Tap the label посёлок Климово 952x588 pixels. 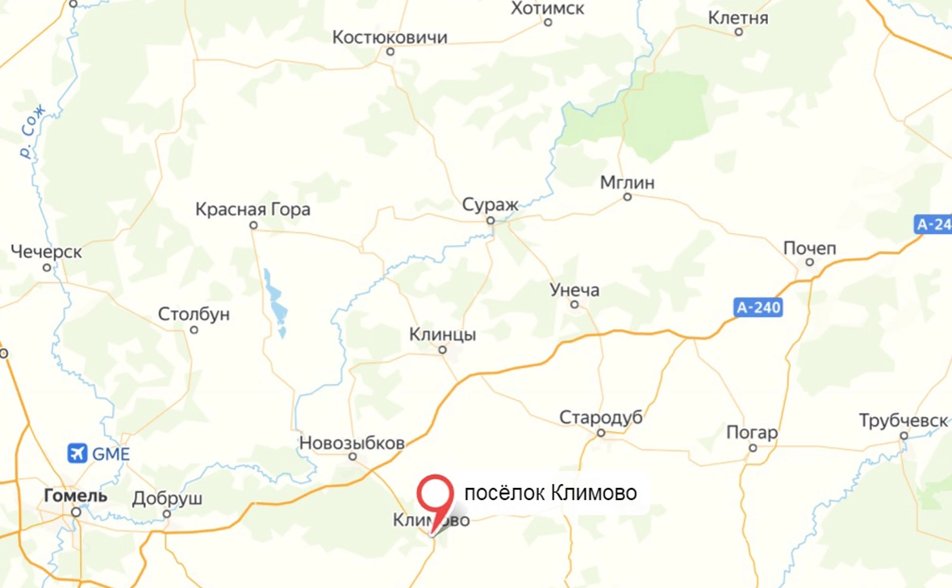tap(550, 492)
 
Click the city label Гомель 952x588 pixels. tap(75, 495)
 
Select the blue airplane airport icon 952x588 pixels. tap(78, 453)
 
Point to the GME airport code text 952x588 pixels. tap(111, 454)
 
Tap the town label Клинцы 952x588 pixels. tap(442, 334)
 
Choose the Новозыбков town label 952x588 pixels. tap(352, 443)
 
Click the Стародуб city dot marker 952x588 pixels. tap(601, 433)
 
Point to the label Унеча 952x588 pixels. tap(574, 290)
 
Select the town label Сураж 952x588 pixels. tap(490, 204)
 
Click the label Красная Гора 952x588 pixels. tap(253, 210)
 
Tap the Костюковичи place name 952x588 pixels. tap(390, 37)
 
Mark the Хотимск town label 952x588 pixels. tap(548, 8)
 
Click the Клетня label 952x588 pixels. tap(738, 18)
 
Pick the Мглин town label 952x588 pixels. tap(627, 182)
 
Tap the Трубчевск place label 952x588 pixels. tap(903, 420)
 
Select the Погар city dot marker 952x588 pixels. tap(753, 447)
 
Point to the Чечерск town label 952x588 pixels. tap(46, 252)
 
